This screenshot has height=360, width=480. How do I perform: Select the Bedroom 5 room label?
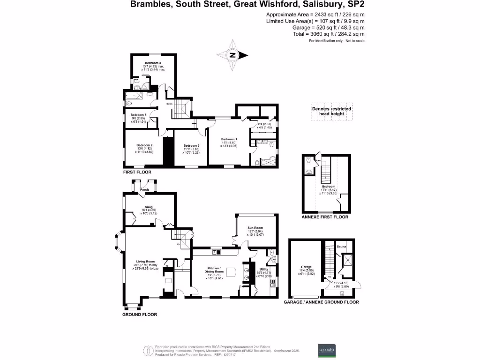139,115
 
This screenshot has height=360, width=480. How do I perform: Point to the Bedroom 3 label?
192,145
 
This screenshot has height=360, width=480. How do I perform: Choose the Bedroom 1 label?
229,139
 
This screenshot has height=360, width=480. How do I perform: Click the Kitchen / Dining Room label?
216,270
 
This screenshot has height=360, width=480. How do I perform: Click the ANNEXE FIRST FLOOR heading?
325,217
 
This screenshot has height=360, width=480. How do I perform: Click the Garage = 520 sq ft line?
315,28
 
